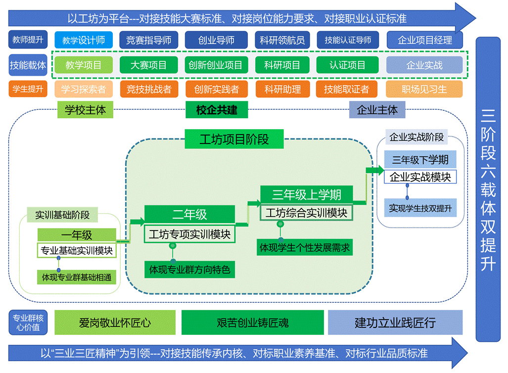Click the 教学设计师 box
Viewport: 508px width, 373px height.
[84, 40]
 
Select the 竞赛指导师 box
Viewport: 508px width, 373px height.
[149, 40]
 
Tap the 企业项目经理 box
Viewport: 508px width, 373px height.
[424, 40]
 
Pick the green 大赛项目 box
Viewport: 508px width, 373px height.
[149, 65]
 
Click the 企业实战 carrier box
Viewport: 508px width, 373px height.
[424, 65]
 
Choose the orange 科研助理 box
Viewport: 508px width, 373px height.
[282, 89]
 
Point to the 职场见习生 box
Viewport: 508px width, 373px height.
[424, 89]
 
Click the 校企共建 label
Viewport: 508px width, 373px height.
[217, 110]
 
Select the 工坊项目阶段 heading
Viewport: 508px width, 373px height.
[234, 139]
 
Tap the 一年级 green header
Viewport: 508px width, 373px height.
[77, 235]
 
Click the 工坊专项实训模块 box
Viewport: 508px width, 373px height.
[189, 234]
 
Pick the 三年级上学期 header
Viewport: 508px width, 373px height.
[307, 194]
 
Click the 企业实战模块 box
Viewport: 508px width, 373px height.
[420, 177]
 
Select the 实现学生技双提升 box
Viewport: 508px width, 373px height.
[420, 208]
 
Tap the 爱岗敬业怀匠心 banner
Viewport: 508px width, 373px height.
[115, 323]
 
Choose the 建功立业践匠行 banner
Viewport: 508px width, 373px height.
[395, 323]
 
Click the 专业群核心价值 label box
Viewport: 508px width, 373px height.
[27, 323]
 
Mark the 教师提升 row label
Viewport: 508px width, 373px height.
[28, 39]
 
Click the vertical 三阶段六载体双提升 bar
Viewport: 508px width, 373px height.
[488, 189]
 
